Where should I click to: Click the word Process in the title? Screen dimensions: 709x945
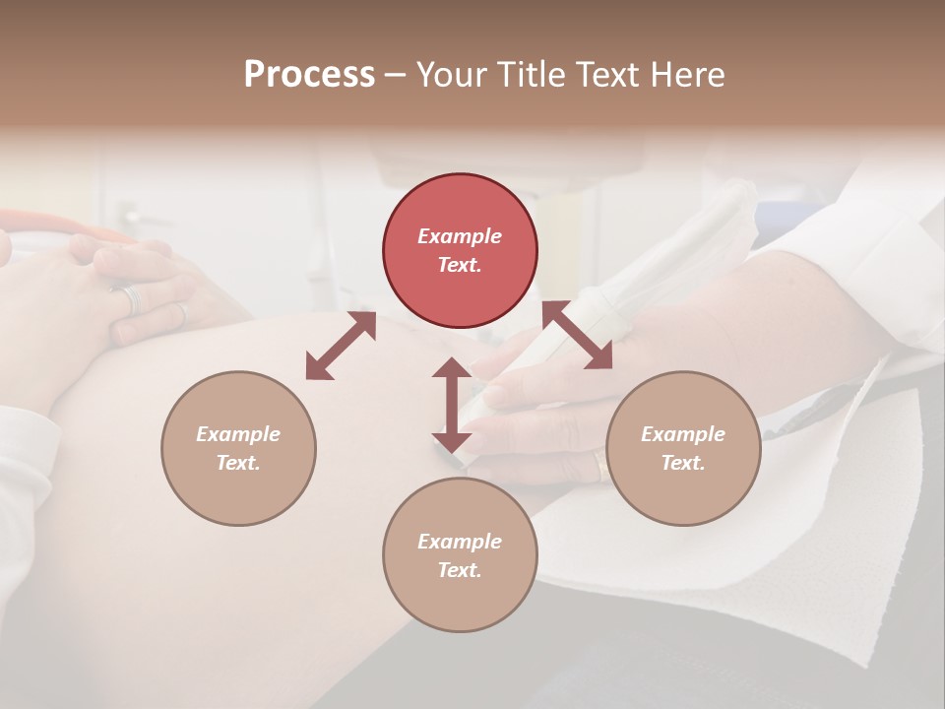click(309, 75)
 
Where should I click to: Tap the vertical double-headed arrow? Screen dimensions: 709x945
click(452, 405)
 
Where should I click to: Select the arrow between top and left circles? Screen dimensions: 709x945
click(341, 346)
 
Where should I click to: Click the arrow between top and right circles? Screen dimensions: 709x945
click(577, 335)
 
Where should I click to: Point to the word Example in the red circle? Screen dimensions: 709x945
click(460, 236)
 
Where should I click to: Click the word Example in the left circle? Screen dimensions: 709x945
click(238, 434)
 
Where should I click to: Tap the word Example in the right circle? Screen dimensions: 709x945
click(683, 434)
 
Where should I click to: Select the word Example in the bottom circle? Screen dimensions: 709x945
click(460, 542)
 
